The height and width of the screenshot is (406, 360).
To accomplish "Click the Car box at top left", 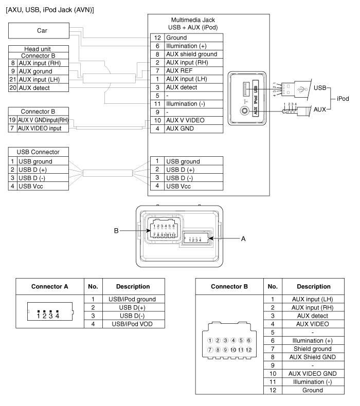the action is [39, 30].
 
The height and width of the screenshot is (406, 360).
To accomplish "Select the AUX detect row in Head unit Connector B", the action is [39, 88].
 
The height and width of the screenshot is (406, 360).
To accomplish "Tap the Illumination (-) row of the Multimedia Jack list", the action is [187, 104].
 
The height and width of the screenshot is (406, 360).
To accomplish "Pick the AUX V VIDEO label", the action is [185, 120].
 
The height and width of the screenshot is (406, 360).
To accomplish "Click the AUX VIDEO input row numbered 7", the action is [39, 128].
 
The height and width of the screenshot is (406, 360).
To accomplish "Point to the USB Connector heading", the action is [38, 152].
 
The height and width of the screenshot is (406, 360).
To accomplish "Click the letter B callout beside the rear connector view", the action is [116, 231].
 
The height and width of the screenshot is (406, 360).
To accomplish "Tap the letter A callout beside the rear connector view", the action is [243, 239].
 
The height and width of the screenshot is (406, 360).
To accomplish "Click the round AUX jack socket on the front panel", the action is [244, 111].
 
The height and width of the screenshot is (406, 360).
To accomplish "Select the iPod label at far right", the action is [343, 99].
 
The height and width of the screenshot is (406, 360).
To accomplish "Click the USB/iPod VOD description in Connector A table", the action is [132, 324].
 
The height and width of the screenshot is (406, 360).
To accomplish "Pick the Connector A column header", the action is [50, 287].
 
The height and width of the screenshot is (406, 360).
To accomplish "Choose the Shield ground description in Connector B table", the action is [313, 349].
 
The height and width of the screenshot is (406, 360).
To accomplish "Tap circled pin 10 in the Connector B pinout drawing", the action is [233, 350].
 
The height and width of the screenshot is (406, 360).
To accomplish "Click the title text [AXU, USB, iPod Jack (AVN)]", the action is [50, 10].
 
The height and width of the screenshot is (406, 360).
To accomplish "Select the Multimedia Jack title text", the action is [193, 24].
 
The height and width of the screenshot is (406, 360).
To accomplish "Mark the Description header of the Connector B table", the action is [314, 287].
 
